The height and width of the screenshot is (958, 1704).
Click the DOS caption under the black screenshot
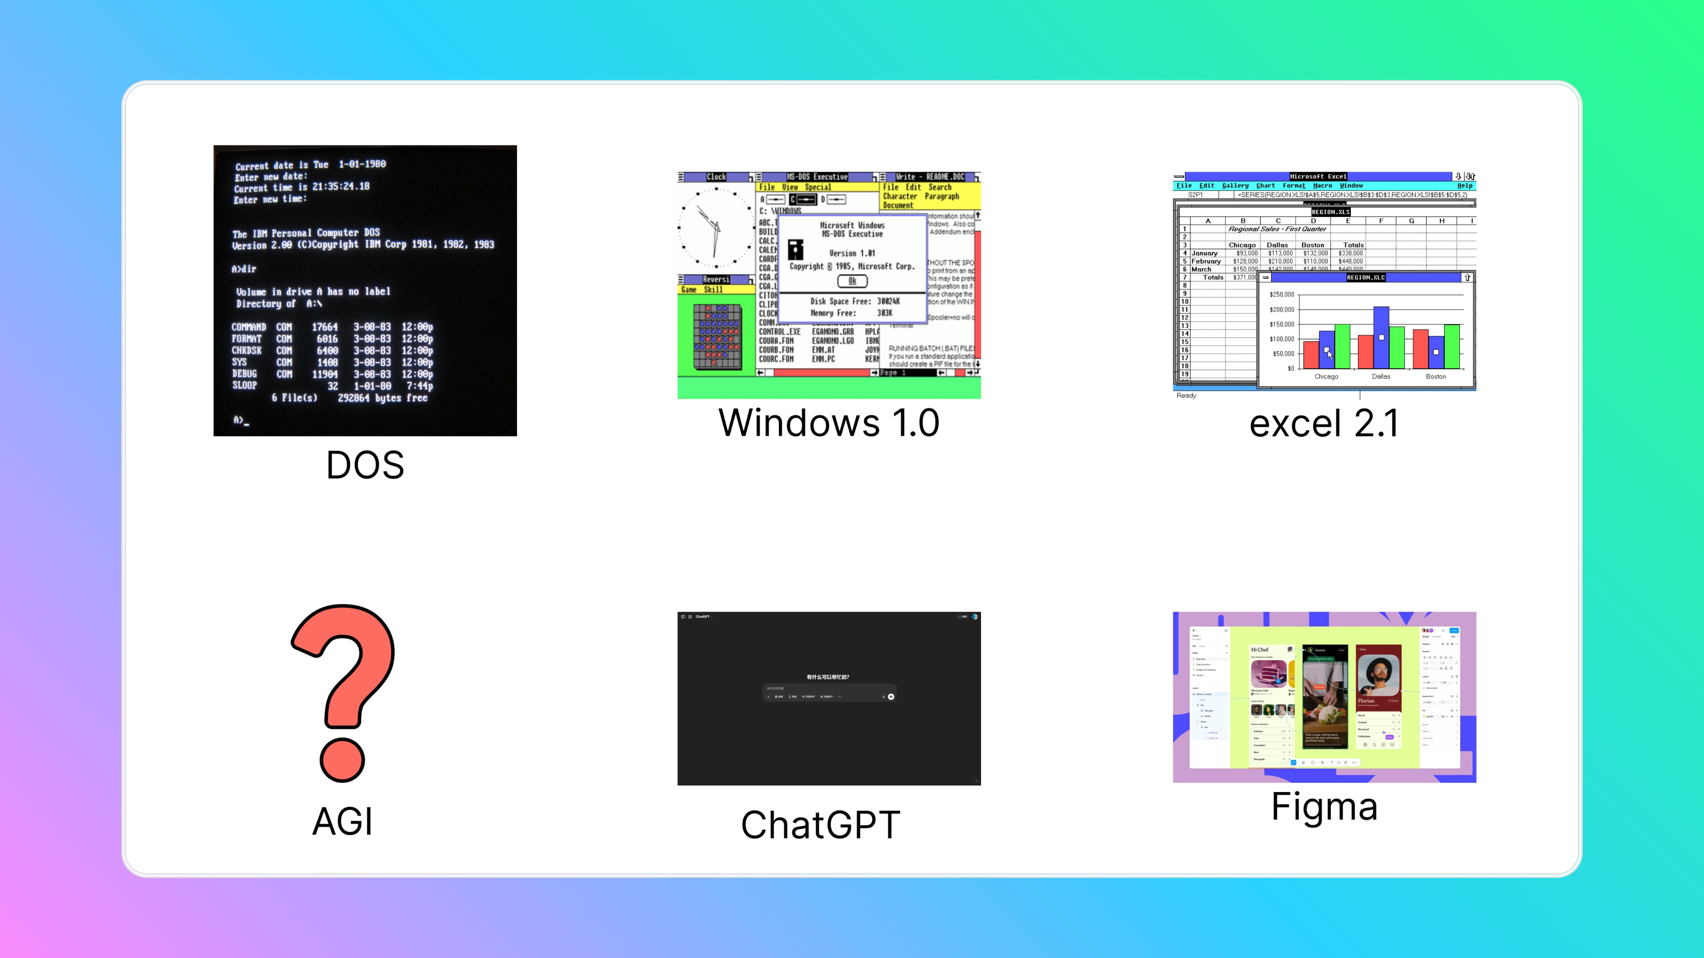click(365, 465)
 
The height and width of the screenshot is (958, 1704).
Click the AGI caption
click(342, 822)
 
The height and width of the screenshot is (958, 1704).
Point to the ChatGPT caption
click(820, 825)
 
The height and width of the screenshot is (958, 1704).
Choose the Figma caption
click(1324, 807)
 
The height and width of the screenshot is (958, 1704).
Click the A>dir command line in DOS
click(244, 269)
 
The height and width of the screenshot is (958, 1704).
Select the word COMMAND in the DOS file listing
click(249, 327)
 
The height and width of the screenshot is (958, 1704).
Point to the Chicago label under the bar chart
click(1325, 377)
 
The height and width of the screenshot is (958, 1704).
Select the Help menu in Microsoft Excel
click(1464, 186)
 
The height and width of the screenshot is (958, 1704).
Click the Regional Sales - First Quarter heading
click(1277, 229)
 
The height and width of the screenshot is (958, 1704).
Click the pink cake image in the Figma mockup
click(1268, 674)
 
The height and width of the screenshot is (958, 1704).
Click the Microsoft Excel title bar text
click(1318, 177)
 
